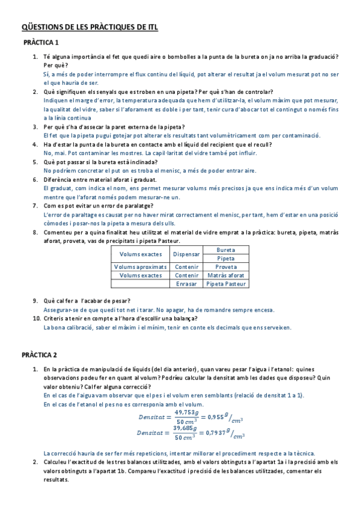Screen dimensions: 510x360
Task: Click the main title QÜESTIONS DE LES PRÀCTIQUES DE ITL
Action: (x=90, y=27)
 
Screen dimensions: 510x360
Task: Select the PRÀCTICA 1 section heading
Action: (x=41, y=43)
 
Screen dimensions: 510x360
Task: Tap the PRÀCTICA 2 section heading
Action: (x=41, y=355)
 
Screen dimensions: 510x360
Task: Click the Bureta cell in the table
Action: (x=225, y=250)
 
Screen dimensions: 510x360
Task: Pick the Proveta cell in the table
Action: (x=225, y=266)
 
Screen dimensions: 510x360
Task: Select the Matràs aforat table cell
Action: (x=225, y=275)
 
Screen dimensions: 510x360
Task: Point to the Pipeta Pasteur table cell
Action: (x=225, y=283)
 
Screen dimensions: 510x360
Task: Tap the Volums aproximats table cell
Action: (x=141, y=266)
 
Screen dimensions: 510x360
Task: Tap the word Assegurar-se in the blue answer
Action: (x=61, y=310)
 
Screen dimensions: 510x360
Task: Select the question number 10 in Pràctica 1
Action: (x=35, y=318)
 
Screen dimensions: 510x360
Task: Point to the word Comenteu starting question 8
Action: (x=58, y=232)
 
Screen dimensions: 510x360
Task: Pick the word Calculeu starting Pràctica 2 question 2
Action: (x=57, y=462)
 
